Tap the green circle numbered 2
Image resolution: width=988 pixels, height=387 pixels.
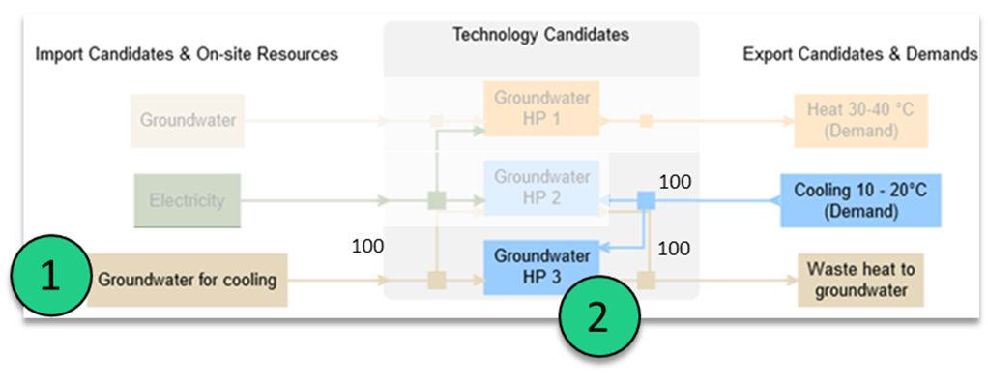pyautogui.click(x=598, y=317)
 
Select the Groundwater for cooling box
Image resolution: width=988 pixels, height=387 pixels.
pyautogui.click(x=188, y=281)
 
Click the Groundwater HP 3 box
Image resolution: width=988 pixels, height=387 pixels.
pyautogui.click(x=541, y=267)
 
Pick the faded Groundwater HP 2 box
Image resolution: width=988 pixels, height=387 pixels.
pyautogui.click(x=541, y=189)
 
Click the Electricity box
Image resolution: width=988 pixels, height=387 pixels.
pyautogui.click(x=187, y=201)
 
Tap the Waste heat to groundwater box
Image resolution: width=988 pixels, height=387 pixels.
pyautogui.click(x=859, y=280)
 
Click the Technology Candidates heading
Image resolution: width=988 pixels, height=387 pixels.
pyautogui.click(x=541, y=35)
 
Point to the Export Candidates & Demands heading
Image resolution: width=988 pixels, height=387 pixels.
pyautogui.click(x=860, y=55)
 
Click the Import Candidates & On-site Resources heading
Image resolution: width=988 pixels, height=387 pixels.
pyautogui.click(x=187, y=55)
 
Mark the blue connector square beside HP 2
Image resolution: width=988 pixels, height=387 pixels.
pyautogui.click(x=647, y=200)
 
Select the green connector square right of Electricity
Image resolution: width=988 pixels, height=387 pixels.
pyautogui.click(x=436, y=201)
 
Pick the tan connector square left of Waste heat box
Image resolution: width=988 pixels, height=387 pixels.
pyautogui.click(x=647, y=281)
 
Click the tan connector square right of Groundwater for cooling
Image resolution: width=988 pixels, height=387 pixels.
pyautogui.click(x=436, y=281)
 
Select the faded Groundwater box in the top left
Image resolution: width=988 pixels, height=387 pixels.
pyautogui.click(x=188, y=121)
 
